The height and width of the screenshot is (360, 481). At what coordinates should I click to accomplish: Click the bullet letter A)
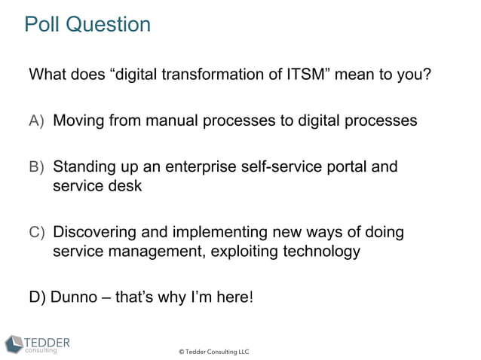[x=37, y=121]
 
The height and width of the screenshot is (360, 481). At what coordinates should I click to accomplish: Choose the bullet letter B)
[x=37, y=166]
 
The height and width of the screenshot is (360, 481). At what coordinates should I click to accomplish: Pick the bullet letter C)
[x=37, y=232]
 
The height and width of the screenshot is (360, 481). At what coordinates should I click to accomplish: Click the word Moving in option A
[x=78, y=121]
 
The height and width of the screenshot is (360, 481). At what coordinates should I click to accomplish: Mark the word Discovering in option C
[x=96, y=232]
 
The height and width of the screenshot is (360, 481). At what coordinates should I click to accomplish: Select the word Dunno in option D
[x=74, y=296]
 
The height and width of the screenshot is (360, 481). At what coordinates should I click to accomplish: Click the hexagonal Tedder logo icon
[x=14, y=343]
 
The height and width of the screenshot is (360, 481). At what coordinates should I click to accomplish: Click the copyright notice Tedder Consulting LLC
[x=213, y=352]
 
